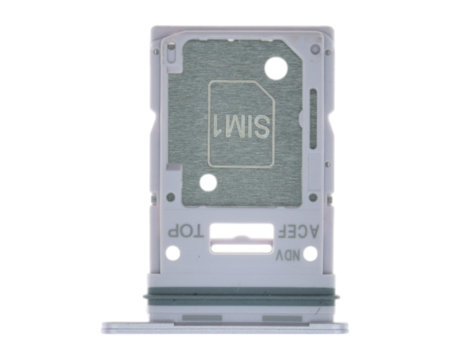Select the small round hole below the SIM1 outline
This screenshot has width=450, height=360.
208,183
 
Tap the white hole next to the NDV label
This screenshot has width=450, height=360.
310,254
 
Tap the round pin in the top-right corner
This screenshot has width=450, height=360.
315,49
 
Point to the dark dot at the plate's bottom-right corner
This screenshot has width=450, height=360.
311,196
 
